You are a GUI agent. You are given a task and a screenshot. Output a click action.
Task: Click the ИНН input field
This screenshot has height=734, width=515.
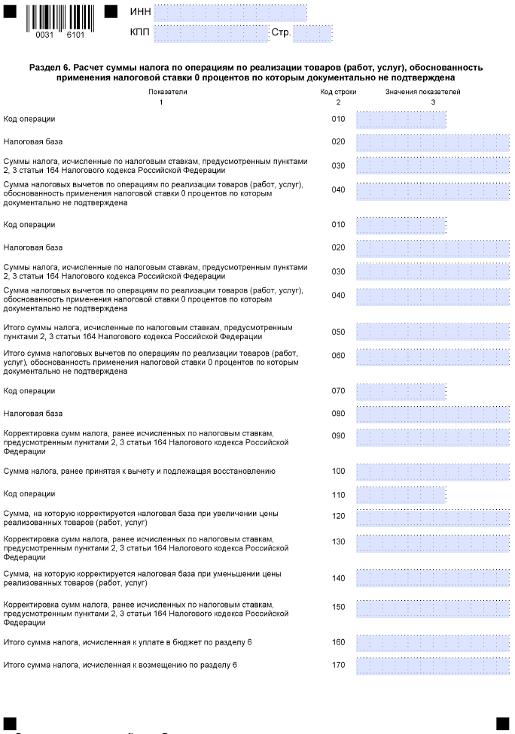click(x=230, y=13)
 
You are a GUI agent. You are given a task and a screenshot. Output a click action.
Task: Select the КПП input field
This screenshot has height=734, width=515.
click(x=211, y=33)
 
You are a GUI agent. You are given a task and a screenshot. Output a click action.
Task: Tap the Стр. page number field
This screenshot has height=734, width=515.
click(x=312, y=33)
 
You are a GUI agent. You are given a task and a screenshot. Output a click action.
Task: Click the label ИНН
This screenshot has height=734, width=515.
click(x=140, y=13)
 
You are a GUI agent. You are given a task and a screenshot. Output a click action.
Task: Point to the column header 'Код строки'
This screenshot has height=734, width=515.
click(x=338, y=91)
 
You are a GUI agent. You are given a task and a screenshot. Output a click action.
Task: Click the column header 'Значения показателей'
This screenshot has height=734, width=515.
click(x=433, y=91)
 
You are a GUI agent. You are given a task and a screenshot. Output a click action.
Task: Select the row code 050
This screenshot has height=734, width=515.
click(x=338, y=332)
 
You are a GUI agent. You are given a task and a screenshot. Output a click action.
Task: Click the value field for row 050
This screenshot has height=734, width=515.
click(x=432, y=332)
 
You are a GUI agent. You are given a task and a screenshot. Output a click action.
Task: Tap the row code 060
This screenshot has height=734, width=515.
click(x=338, y=356)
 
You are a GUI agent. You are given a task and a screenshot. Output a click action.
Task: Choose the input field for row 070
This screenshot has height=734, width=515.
click(x=401, y=391)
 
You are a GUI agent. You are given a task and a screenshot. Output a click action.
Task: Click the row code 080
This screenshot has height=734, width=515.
click(x=338, y=414)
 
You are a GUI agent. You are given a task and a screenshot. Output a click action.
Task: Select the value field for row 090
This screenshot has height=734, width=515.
click(x=432, y=437)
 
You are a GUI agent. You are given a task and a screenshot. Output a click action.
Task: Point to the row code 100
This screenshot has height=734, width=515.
click(x=338, y=471)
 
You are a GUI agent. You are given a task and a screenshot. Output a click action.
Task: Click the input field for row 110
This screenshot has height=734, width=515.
click(x=401, y=495)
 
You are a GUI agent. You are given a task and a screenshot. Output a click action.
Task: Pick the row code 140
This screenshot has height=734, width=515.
click(x=338, y=578)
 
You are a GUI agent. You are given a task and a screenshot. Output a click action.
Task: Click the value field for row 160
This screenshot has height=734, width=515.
click(x=432, y=643)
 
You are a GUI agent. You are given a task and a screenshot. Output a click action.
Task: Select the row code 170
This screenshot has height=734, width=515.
click(x=338, y=666)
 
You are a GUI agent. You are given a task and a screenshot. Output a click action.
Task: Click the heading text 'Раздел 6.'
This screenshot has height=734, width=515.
click(x=49, y=68)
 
